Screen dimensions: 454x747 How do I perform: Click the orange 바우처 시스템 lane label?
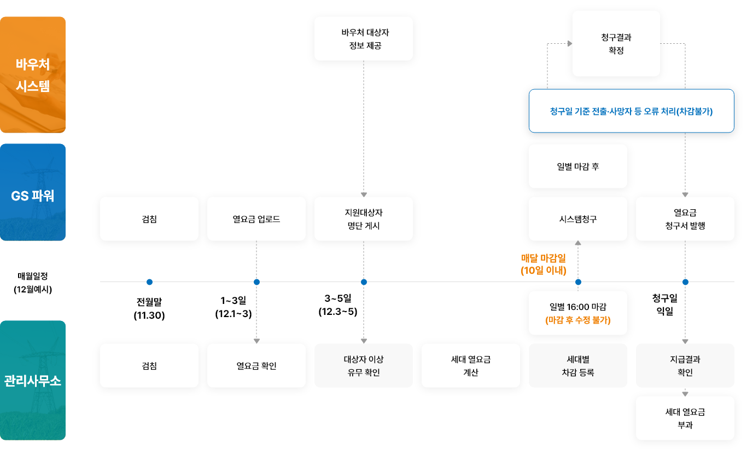[33, 74]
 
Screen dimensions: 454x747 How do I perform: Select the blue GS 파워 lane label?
[33, 192]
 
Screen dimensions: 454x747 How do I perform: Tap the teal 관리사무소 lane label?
[33, 380]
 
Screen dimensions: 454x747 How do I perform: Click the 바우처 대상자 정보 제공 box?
[364, 38]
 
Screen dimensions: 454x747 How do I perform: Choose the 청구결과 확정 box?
[616, 44]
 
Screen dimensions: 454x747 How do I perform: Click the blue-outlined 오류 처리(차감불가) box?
[631, 111]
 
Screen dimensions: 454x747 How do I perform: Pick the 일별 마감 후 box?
[577, 166]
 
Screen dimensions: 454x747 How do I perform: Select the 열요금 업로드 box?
[256, 219]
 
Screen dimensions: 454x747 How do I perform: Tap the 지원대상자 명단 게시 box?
[364, 219]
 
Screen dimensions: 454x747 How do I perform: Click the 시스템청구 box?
[577, 219]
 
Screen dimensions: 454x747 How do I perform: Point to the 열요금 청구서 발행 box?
[685, 219]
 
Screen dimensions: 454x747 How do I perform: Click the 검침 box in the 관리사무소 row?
[149, 366]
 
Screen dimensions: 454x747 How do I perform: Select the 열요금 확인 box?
[256, 366]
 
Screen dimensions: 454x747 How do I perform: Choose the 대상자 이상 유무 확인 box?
[364, 366]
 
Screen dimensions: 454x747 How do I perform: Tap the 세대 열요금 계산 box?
[471, 366]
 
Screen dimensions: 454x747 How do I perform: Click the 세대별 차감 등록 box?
[577, 366]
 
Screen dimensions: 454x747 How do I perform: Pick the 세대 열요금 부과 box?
[685, 418]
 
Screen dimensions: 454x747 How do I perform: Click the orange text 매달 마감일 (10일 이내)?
[543, 264]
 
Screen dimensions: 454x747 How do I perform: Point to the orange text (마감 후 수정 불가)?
[577, 320]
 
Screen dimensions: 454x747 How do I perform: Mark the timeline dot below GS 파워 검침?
[149, 282]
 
